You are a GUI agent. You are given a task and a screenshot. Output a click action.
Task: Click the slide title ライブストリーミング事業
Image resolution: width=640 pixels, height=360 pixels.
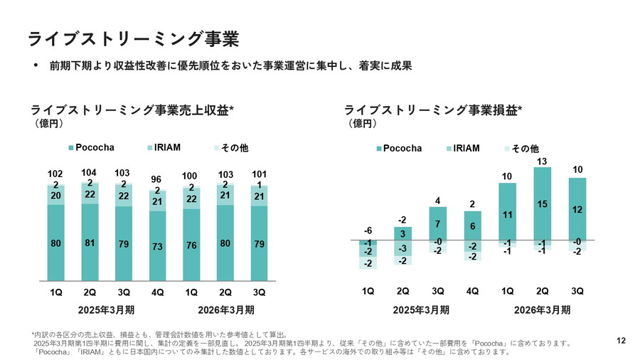[x=133, y=38]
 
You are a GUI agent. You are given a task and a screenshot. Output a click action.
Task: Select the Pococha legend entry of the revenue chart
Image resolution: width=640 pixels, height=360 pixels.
[x=91, y=148]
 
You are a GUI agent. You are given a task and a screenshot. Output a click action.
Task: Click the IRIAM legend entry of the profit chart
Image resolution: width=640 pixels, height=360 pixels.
[x=463, y=149]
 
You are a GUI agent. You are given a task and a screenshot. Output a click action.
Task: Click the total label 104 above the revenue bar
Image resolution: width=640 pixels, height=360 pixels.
[x=90, y=173]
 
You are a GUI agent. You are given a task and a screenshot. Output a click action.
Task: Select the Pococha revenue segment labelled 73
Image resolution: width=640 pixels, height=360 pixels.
[x=158, y=246]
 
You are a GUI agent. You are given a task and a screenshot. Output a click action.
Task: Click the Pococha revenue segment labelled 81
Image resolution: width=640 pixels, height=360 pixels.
[x=90, y=243]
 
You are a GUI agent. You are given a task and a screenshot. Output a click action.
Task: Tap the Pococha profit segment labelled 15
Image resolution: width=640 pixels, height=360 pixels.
[x=542, y=205]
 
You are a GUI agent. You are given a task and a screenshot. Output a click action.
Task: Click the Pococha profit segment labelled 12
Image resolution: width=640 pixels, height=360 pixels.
[x=577, y=209]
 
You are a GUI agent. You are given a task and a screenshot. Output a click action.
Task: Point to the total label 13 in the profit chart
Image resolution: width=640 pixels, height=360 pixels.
[x=542, y=162]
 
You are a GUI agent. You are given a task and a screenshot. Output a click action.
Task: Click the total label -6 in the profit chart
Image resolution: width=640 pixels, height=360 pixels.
[x=368, y=231]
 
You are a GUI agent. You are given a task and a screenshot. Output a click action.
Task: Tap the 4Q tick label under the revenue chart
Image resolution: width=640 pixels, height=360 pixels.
[x=158, y=292]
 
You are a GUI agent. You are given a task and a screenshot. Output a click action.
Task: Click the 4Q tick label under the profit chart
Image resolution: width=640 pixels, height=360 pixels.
[x=472, y=291]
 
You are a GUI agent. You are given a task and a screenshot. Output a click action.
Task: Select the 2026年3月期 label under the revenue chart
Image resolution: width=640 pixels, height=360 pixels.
[x=226, y=310]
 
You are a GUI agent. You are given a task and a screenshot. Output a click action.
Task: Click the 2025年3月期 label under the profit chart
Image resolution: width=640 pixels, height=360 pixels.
[x=420, y=310]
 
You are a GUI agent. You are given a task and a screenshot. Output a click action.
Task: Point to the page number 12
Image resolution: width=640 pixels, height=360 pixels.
[x=621, y=342]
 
